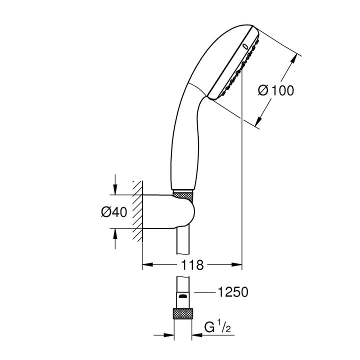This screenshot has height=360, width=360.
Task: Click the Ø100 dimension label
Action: [x=275, y=91]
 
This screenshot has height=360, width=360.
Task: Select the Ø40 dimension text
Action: [x=114, y=212]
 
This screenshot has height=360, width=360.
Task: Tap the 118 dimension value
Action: [x=193, y=265]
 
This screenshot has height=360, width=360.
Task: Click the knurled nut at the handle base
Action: [x=183, y=193]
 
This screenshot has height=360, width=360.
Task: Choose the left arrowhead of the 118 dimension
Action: [x=147, y=265]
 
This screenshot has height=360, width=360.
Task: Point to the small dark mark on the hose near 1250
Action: [x=183, y=296]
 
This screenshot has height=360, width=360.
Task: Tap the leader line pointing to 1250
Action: [x=205, y=292]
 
